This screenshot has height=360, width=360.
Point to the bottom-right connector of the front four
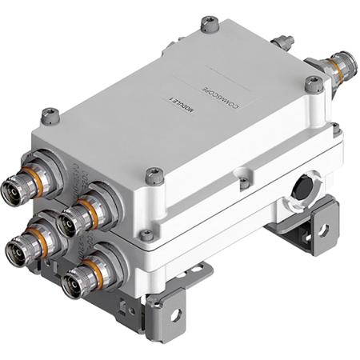coord(76,280)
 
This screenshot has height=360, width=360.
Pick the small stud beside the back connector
coord(281,42)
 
